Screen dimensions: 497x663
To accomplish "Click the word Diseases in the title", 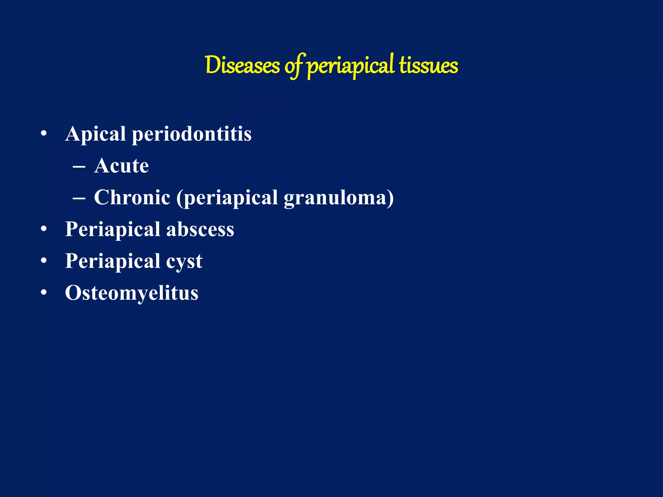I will click(242, 66).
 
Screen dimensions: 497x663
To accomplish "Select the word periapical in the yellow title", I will click(351, 66).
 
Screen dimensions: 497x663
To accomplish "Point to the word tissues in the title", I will click(428, 66).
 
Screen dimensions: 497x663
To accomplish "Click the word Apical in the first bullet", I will click(95, 134).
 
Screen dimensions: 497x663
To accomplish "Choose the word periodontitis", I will click(191, 134).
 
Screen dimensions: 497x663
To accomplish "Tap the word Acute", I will click(121, 166).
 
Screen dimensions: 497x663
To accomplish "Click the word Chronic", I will click(132, 197).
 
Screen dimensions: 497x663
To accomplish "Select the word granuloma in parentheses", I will click(337, 198).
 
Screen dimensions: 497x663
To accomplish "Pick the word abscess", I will click(200, 229).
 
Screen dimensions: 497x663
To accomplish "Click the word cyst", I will click(184, 261).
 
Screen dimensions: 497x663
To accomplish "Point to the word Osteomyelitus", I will click(131, 293).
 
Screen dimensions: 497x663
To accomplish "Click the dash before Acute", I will click(79, 167).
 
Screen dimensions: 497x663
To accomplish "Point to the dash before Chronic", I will click(79, 199).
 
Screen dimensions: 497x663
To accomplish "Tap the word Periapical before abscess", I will click(113, 229).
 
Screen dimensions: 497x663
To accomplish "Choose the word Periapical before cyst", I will click(113, 261).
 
